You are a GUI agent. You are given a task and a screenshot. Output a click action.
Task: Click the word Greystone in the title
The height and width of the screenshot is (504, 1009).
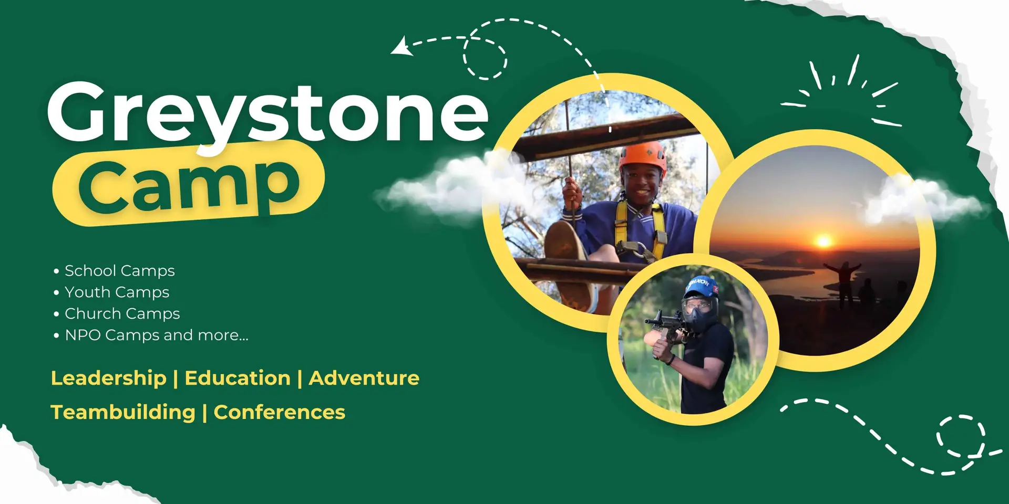point(268,115)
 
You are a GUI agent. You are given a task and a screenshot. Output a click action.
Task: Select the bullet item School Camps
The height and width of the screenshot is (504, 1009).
point(120,271)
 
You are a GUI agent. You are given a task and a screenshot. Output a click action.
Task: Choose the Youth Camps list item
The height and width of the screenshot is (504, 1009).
point(117,292)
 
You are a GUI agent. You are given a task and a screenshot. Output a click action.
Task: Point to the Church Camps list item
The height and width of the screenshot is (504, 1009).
point(122,314)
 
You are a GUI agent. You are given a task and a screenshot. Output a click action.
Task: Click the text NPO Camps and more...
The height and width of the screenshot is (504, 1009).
point(157,335)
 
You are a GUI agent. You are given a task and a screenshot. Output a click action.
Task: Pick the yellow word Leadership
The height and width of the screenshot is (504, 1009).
point(109,378)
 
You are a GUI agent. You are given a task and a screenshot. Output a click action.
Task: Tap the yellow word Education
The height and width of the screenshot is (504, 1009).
point(238,378)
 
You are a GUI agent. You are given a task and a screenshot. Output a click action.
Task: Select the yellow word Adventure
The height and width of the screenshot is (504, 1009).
point(364,378)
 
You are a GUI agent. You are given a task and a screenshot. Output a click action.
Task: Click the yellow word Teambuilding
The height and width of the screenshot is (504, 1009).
point(123,413)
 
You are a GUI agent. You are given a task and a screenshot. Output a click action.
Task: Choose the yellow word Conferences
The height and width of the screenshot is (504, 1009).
point(280,412)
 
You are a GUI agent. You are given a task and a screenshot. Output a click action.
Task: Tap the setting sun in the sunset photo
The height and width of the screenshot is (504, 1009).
point(823,241)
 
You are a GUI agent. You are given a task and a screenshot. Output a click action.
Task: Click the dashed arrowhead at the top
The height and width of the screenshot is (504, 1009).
point(401,46)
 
